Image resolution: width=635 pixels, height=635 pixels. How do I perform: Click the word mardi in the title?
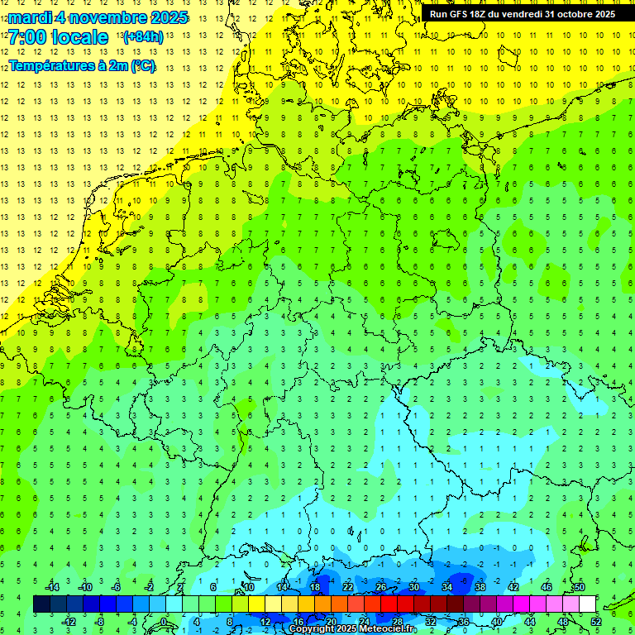(29, 17)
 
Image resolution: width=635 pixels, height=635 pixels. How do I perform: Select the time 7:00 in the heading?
(26, 37)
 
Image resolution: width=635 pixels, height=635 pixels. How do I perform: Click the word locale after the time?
(79, 37)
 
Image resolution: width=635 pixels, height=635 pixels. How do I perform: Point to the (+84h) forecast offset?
(142, 36)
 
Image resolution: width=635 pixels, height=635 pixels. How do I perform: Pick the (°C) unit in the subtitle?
(141, 65)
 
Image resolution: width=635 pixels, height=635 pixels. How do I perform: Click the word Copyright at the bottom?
(312, 629)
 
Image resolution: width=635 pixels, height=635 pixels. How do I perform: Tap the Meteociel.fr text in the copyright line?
(388, 629)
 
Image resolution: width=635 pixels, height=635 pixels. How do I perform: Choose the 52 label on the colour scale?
(596, 622)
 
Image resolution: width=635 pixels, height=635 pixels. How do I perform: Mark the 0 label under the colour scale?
(164, 622)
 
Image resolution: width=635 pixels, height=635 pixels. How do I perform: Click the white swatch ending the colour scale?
(587, 604)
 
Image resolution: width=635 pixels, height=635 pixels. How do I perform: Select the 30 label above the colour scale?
(413, 587)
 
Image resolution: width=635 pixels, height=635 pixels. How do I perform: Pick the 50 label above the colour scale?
(579, 587)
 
